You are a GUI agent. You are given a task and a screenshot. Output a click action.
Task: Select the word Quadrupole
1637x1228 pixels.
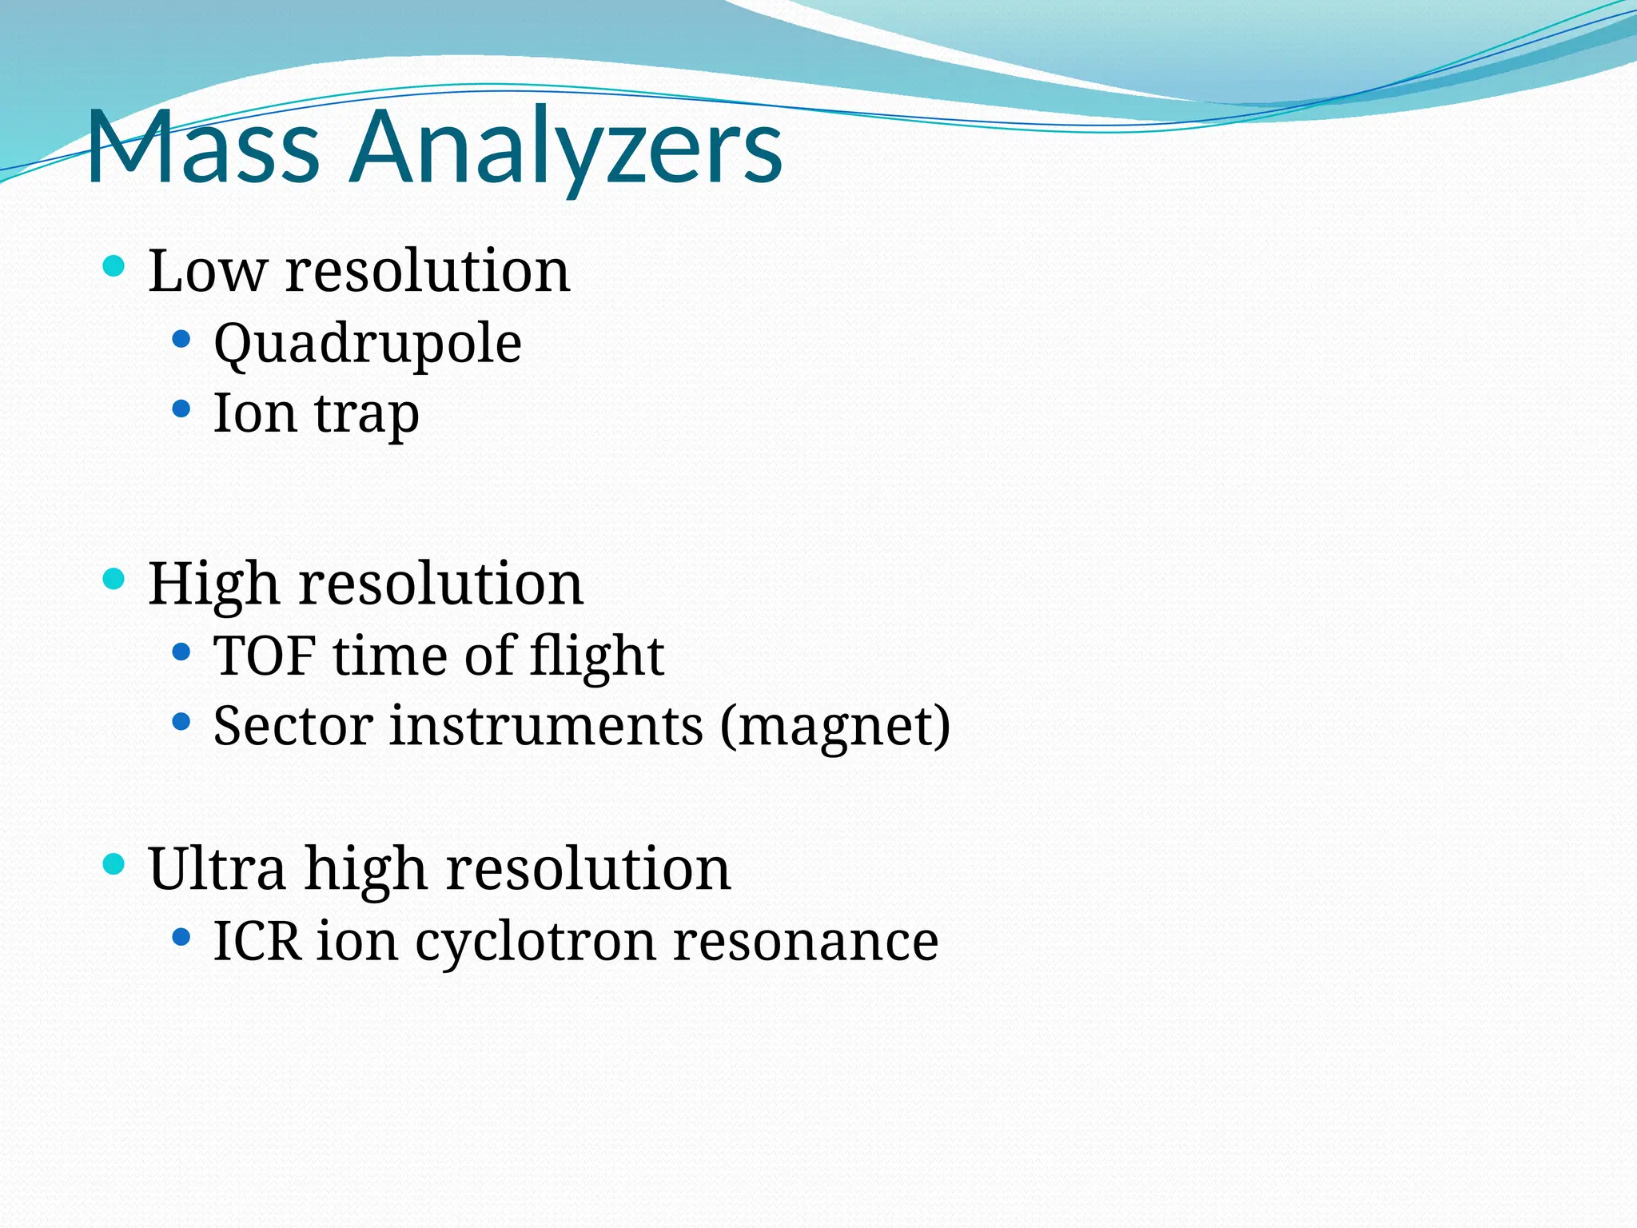(368, 344)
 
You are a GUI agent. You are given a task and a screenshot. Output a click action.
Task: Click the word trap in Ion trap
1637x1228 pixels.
(366, 414)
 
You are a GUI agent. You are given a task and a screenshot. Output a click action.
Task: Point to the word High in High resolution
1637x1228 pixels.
(213, 584)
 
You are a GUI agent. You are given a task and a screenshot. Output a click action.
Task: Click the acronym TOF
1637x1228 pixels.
(264, 656)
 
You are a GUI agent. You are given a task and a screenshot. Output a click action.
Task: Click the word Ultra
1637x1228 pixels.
(217, 868)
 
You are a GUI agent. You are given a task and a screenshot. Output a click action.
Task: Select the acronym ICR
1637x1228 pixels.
(257, 941)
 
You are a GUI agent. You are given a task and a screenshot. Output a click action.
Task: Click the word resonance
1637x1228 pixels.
(806, 941)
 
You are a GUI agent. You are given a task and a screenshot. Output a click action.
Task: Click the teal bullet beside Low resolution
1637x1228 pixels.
(114, 266)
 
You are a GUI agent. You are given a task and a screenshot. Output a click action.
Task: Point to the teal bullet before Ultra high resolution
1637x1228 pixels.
(114, 864)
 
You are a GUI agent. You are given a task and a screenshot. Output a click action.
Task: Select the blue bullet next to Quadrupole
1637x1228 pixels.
(181, 340)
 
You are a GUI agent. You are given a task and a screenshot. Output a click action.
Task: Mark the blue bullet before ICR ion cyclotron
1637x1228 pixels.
(181, 936)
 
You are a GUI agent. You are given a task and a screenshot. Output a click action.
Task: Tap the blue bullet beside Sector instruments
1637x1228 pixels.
(181, 722)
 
